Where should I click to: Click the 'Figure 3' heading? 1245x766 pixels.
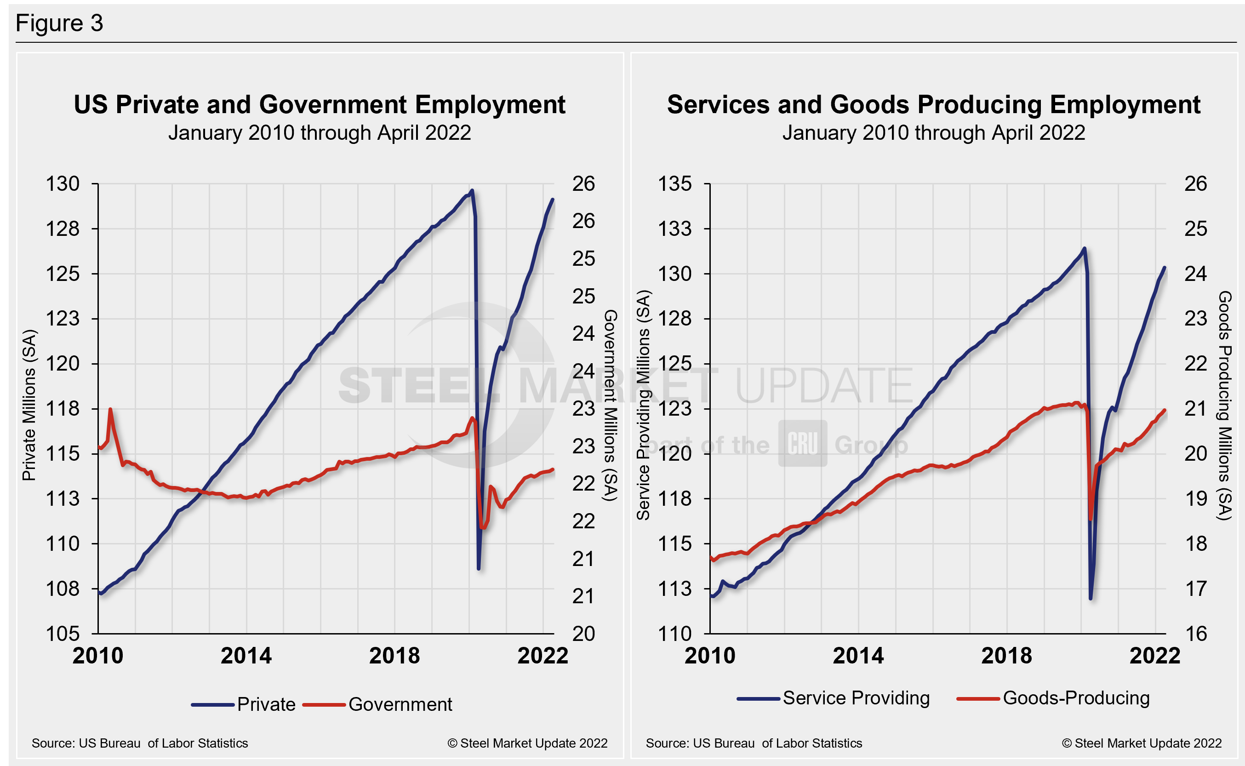point(59,23)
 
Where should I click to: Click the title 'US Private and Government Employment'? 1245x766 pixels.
point(319,105)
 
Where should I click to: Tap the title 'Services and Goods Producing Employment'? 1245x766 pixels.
point(933,105)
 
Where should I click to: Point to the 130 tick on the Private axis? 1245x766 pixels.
point(63,184)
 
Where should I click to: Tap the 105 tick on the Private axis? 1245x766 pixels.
point(63,634)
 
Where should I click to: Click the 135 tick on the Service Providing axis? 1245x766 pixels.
point(674,184)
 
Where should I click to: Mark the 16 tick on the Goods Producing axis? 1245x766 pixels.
point(1195,634)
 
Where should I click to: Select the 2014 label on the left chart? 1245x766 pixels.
point(246,656)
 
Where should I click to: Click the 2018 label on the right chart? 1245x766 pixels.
point(1006,656)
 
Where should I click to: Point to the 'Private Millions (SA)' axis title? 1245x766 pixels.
point(29,405)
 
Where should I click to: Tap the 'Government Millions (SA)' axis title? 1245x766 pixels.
point(611,405)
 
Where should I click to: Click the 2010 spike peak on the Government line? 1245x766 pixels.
point(110,409)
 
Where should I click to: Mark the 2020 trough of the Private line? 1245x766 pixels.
point(479,568)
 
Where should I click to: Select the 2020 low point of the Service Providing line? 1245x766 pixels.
point(1091,598)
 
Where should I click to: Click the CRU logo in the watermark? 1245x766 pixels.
point(803,444)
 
